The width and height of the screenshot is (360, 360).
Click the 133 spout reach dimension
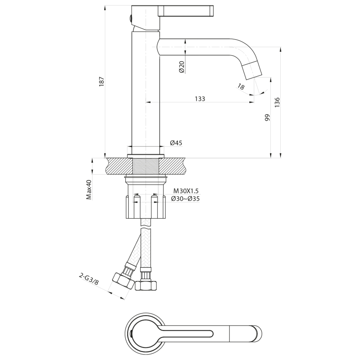[x=200, y=99]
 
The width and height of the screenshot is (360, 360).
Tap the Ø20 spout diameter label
[x=182, y=67]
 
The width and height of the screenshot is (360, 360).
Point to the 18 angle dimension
[x=241, y=86]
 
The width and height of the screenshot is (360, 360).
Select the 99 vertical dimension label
[x=268, y=117]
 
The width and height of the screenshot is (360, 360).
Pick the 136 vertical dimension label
[x=277, y=102]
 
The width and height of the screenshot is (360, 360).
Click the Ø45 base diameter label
[x=176, y=143]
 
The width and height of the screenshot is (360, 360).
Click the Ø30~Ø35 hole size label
[x=185, y=199]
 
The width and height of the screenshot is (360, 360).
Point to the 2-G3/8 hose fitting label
[x=89, y=279]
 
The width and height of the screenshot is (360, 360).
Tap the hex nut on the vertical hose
[x=146, y=285]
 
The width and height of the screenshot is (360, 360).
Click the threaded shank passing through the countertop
[x=146, y=166]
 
